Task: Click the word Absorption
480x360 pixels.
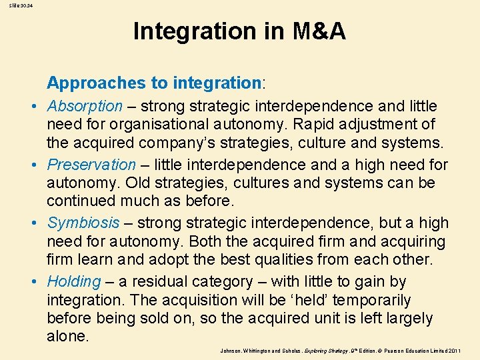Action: (85, 106)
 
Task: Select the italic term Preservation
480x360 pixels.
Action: (91, 165)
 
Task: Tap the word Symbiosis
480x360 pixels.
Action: (83, 223)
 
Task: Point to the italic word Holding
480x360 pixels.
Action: (74, 281)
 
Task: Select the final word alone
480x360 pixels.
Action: (67, 337)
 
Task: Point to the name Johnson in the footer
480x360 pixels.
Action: (232, 350)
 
